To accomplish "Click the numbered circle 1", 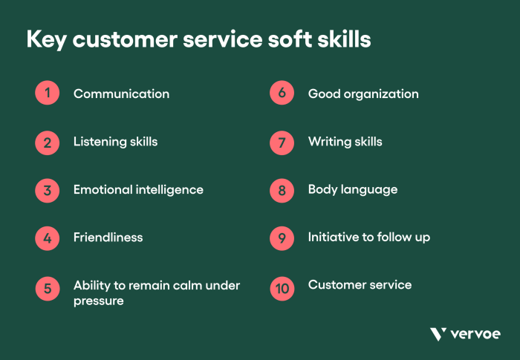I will [47, 94].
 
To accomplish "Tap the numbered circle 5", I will [47, 287].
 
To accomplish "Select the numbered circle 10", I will [282, 287].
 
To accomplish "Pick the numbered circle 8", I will [282, 190].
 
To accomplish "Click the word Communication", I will [121, 94].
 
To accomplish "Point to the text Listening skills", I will [115, 142].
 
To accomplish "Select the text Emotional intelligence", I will [138, 190].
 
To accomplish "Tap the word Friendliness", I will [108, 238].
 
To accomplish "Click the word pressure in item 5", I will [98, 301].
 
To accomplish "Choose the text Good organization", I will [363, 94].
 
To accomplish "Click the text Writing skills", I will [345, 142].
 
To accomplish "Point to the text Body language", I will [353, 190].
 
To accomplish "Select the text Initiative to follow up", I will [369, 238].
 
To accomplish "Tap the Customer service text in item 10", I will [360, 285].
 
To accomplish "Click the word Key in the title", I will [48, 40].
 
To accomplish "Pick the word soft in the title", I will [296, 39].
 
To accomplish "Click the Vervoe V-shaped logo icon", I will [438, 334].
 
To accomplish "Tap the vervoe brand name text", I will [475, 335].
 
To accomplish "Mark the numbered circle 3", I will [47, 190].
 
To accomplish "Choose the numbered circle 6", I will [282, 94].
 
